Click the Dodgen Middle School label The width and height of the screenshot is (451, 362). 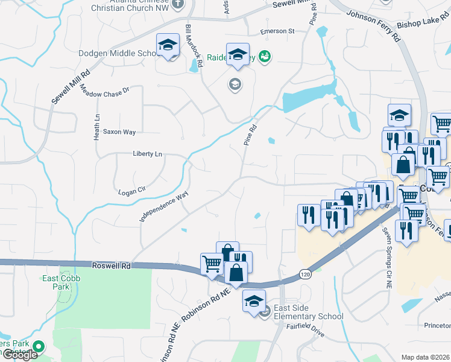click(118, 53)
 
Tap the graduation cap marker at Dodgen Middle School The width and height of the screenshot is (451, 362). click(168, 45)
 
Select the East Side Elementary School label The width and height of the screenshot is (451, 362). click(308, 312)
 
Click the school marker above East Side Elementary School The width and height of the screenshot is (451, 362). click(254, 300)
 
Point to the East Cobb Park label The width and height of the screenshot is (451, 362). click(58, 282)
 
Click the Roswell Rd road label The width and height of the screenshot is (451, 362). click(112, 265)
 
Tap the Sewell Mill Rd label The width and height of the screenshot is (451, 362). click(71, 86)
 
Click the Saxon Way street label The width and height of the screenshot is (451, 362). click(119, 132)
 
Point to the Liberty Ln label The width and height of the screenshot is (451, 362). click(148, 154)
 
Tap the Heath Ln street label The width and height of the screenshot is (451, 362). click(96, 127)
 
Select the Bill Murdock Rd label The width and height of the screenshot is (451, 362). click(194, 46)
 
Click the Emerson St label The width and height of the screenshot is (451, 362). click(277, 31)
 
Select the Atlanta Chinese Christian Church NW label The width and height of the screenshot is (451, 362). click(126, 5)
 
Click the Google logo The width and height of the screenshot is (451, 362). click(20, 355)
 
